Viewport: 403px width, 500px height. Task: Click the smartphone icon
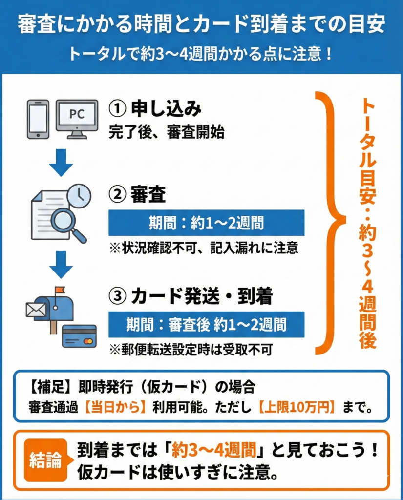coord(38,119)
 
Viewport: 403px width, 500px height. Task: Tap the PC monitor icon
coord(77,119)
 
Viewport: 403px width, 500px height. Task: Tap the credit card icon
coord(79,336)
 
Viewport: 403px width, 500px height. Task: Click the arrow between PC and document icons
coord(61,163)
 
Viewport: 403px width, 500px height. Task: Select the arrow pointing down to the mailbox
coord(61,265)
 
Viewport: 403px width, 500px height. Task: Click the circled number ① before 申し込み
coord(117,108)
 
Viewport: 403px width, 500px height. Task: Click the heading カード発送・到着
coord(202,296)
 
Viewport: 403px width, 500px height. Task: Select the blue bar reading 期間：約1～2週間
coord(207,223)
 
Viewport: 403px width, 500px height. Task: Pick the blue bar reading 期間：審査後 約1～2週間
coord(207,325)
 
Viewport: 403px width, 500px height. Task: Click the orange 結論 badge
coord(46,460)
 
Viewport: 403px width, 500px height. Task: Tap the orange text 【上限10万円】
coord(297,407)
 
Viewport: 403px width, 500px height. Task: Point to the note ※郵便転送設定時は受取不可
coord(191,350)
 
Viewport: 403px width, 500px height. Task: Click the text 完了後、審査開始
coord(167,132)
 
